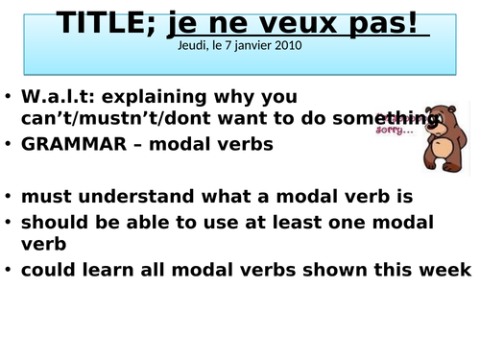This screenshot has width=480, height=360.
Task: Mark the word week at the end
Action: [446, 270]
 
